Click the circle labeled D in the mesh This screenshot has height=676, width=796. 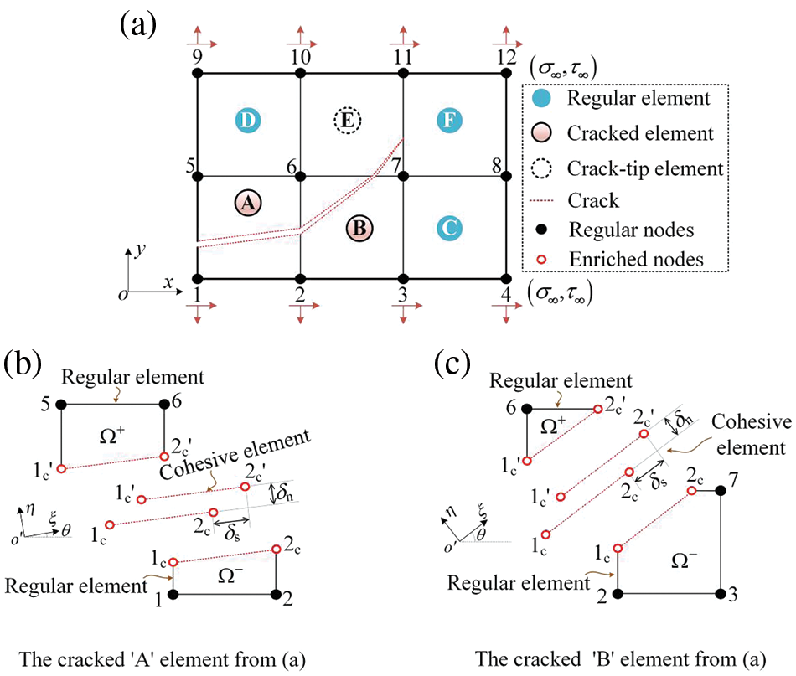tap(248, 121)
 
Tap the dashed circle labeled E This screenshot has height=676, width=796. tap(346, 121)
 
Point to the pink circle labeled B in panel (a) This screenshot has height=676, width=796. tap(362, 227)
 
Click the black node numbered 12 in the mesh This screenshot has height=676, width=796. tap(506, 74)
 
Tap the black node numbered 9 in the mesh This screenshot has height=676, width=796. tap(198, 74)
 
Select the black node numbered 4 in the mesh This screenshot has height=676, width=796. tap(506, 278)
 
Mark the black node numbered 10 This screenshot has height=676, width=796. tap(300, 74)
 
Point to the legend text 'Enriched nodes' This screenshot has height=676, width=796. tap(637, 261)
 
